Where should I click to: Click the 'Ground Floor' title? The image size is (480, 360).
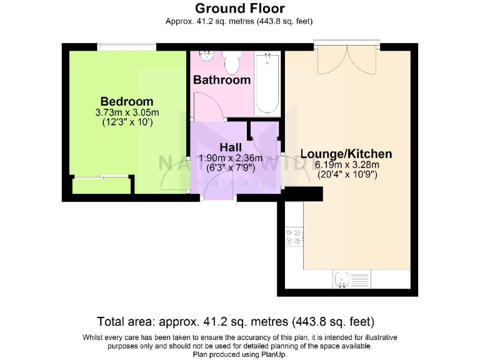pos(239,8)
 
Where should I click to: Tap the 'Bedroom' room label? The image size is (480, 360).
pos(127,101)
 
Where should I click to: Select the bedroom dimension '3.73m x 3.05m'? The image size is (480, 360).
pos(127,112)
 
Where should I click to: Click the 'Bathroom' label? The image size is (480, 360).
pos(221,80)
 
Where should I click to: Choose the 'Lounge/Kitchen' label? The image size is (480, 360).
pos(346,154)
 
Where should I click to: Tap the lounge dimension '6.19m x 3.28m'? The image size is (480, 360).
pos(347,165)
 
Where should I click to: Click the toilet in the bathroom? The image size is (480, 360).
pos(232,61)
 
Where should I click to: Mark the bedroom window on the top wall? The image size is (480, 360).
pos(127,46)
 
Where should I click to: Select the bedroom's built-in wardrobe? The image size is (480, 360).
pos(101,186)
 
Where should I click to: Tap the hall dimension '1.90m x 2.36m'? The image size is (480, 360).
pos(230,157)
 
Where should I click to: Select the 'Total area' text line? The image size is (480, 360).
pos(236,322)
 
